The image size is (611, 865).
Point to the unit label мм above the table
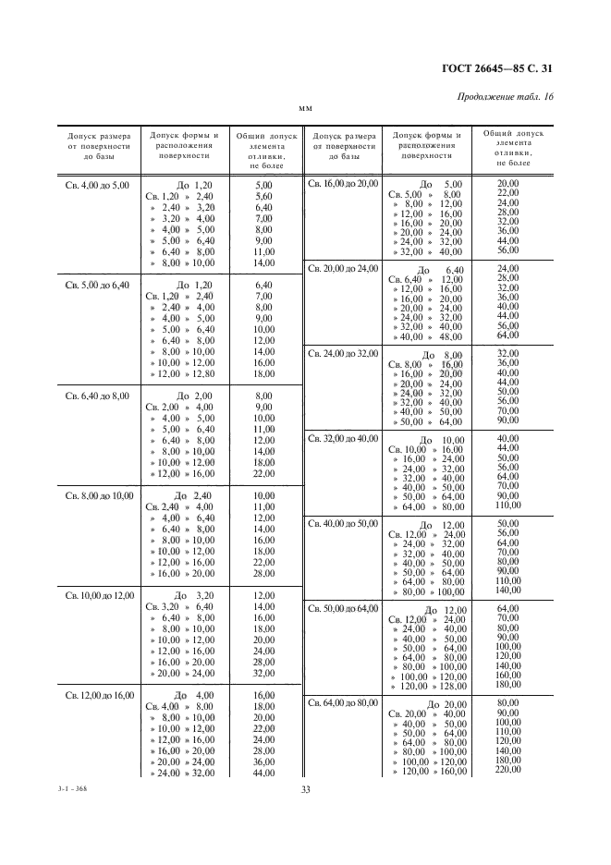click(305, 110)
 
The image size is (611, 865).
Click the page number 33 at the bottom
click(305, 788)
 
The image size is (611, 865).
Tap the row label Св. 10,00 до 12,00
click(97, 595)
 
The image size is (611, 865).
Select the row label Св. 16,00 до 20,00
click(343, 184)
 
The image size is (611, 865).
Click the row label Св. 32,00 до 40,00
click(343, 439)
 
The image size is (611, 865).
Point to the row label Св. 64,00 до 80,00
click(343, 703)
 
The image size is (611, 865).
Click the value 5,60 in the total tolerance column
click(263, 197)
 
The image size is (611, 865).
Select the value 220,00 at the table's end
click(508, 770)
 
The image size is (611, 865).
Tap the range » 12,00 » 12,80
click(182, 373)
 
